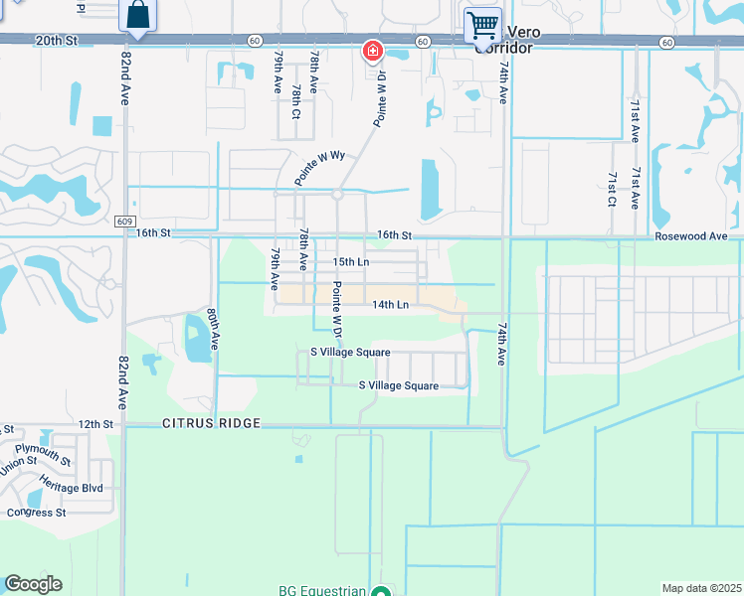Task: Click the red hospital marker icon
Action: tap(372, 50)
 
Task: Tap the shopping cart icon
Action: tap(482, 24)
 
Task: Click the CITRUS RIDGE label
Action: tap(211, 424)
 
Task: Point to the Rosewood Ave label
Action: tap(697, 236)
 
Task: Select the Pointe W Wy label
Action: tap(318, 169)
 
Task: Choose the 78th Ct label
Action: tap(295, 100)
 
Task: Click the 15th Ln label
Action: tap(350, 261)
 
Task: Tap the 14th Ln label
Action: tap(391, 305)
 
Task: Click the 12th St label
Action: tap(96, 424)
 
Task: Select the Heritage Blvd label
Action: tap(73, 488)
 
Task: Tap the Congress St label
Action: tap(36, 513)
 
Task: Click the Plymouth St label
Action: tap(44, 455)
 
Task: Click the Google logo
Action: tap(33, 584)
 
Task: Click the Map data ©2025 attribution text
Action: tap(702, 588)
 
